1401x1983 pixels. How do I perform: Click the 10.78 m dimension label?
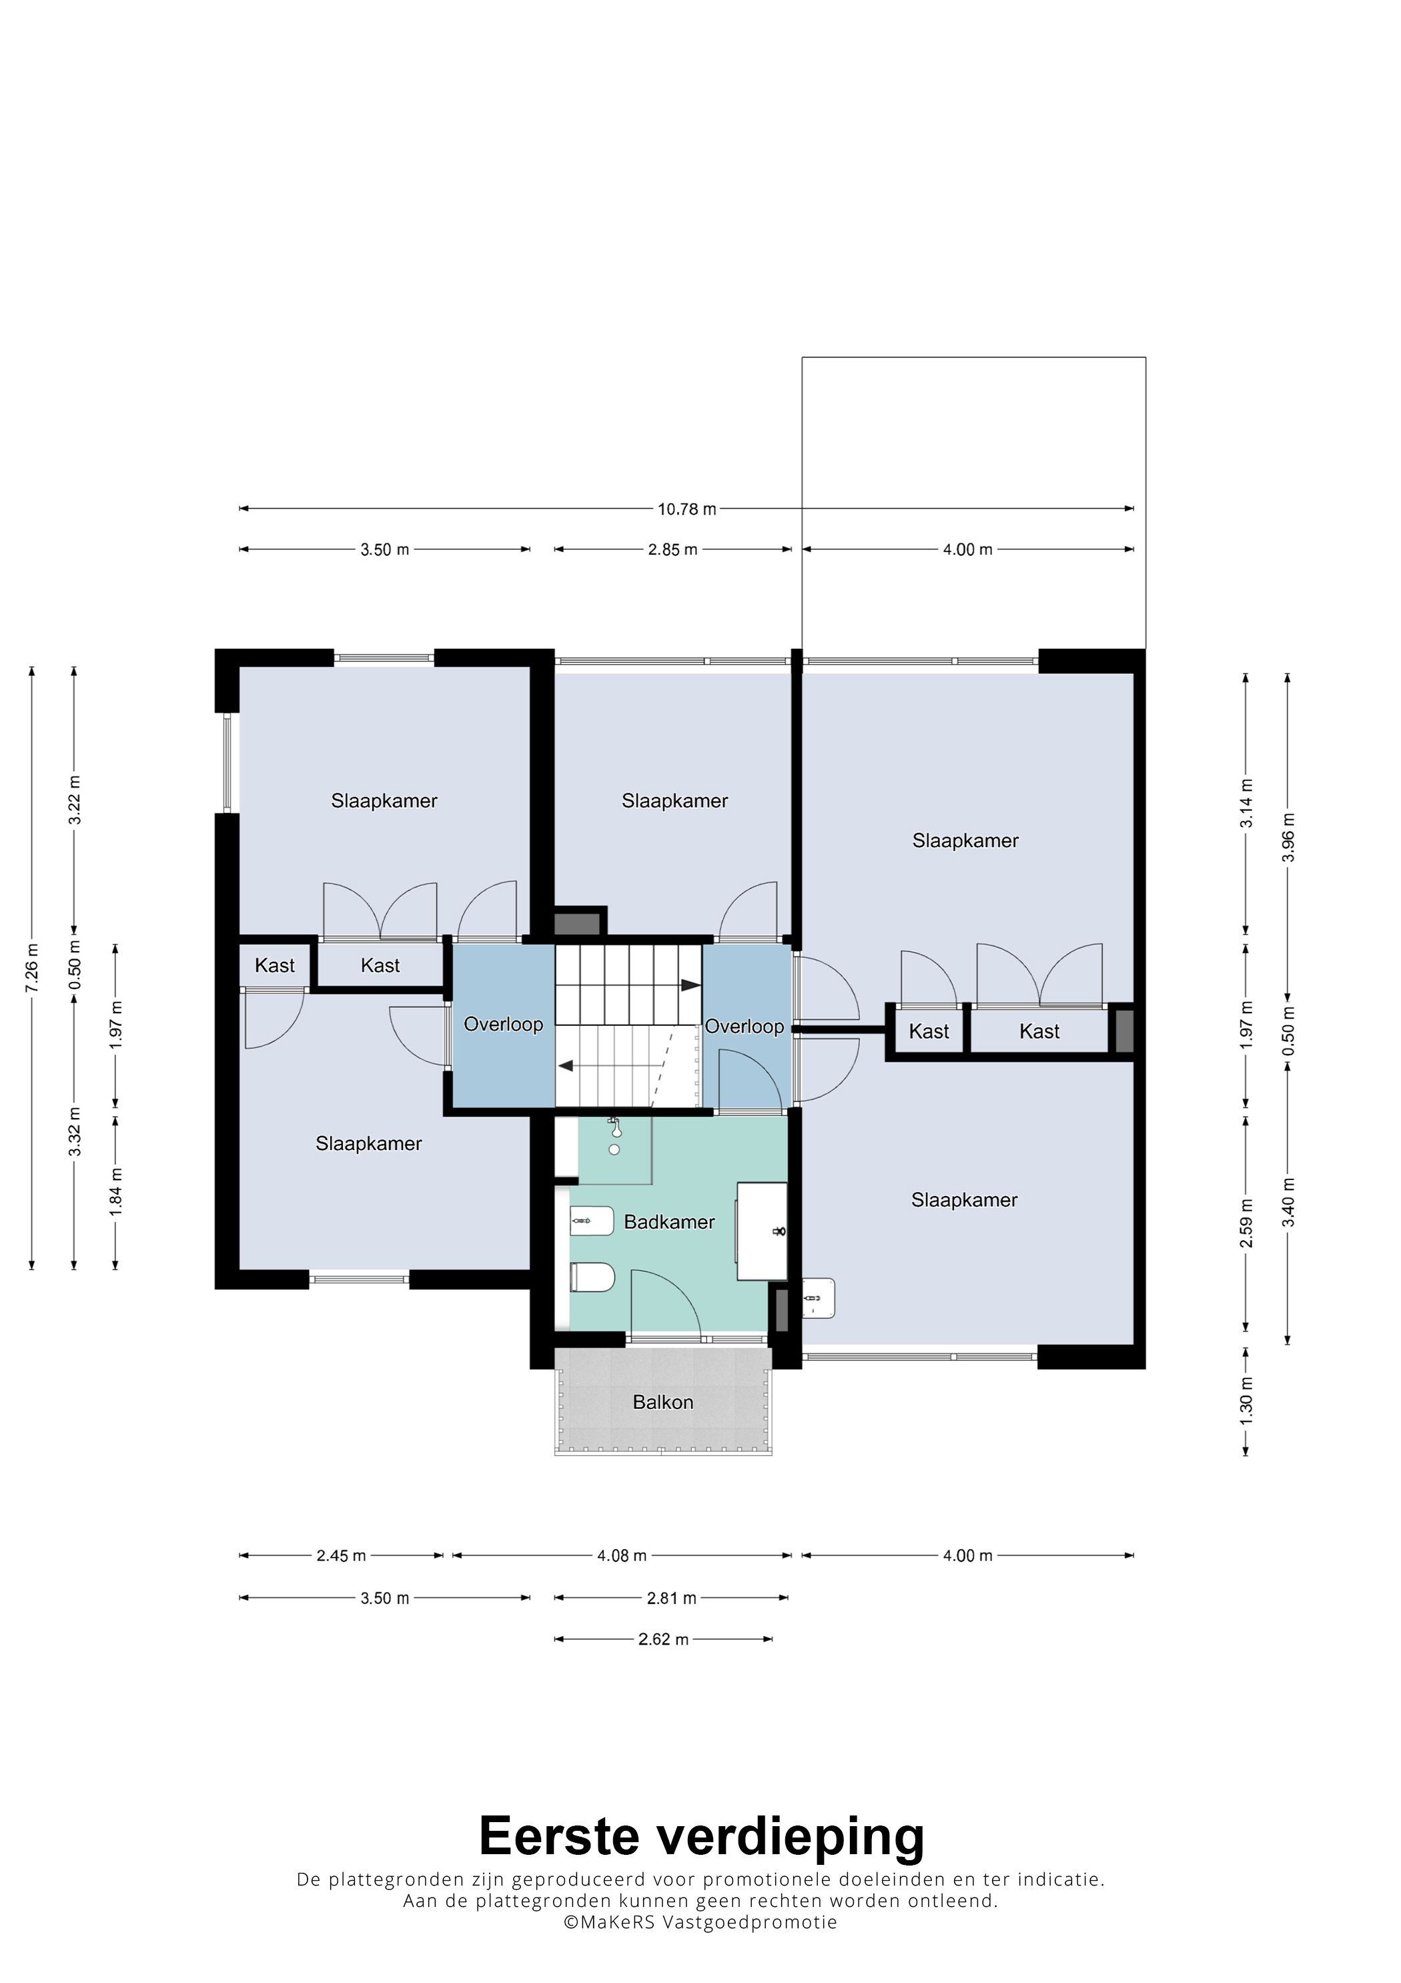click(x=687, y=509)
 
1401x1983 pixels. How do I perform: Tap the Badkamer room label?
click(x=669, y=1221)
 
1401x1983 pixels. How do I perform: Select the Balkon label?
click(x=663, y=1402)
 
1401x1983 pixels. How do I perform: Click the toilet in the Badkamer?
click(x=592, y=1277)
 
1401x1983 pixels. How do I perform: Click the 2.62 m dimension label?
click(x=664, y=1639)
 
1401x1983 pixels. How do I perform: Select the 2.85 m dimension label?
click(x=672, y=549)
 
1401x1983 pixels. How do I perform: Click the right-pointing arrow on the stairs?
click(x=690, y=984)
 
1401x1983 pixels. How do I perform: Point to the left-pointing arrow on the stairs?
click(x=566, y=1066)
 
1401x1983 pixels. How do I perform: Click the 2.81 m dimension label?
click(x=672, y=1598)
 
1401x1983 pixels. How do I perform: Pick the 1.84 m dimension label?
click(x=115, y=1192)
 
